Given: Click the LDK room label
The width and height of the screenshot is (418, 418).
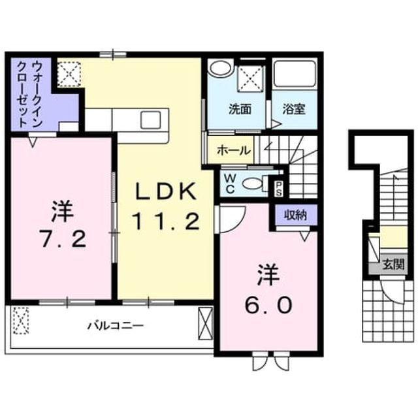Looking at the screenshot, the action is click(166, 191).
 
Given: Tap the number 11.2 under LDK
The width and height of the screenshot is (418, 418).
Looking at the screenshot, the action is click(166, 221).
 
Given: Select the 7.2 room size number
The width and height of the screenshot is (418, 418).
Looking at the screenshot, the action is click(63, 238).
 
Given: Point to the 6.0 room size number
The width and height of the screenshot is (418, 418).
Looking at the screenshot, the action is click(268, 305).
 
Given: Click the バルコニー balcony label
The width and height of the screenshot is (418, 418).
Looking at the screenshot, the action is click(116, 325).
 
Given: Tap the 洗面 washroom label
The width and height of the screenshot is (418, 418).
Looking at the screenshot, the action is click(240, 109).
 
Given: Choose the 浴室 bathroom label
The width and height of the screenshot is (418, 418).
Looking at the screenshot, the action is click(294, 109).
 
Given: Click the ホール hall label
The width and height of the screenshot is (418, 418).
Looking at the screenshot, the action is click(234, 151).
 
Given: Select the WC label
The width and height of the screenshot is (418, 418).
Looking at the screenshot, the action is click(230, 184).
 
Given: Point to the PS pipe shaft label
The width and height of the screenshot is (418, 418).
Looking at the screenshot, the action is click(278, 189).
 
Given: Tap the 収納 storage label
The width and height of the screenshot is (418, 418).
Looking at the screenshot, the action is click(296, 215).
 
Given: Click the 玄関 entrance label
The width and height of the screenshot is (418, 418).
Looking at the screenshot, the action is click(393, 265).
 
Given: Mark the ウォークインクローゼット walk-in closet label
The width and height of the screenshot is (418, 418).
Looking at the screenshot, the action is click(30, 94).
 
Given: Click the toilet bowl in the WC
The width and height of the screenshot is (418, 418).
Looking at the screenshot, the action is click(252, 184).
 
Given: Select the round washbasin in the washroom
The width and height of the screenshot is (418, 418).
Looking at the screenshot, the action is click(220, 67).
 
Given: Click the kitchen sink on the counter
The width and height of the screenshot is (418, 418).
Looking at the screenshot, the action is click(151, 120).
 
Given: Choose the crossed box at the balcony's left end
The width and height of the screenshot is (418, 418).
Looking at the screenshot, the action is click(21, 320).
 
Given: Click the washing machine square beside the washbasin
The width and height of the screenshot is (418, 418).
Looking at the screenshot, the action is click(249, 78).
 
